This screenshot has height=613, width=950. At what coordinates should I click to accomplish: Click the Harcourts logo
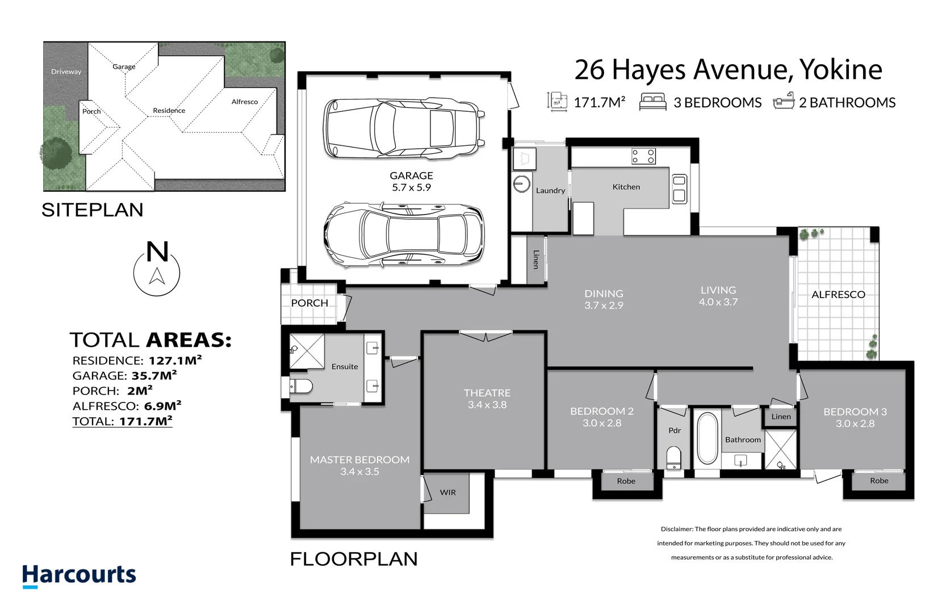79,575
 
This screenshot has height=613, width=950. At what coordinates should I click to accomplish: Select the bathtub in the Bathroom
707,438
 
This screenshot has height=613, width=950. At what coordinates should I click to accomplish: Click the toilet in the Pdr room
673,457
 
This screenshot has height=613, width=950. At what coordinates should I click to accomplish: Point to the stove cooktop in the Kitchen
643,156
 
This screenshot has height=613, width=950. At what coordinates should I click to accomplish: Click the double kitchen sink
679,189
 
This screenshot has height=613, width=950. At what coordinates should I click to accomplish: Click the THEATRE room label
487,393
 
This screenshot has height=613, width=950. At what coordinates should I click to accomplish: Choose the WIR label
447,492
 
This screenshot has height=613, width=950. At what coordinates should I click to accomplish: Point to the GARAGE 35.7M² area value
154,375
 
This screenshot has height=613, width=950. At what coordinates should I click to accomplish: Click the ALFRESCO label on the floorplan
838,295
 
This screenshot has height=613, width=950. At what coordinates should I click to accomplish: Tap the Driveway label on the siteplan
66,72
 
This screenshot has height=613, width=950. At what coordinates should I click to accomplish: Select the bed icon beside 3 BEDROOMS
652,102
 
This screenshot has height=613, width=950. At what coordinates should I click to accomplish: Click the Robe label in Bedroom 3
878,481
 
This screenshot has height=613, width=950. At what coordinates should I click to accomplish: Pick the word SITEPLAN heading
92,210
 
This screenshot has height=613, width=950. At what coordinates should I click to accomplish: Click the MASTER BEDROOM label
359,460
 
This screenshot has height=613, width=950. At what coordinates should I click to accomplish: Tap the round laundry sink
522,183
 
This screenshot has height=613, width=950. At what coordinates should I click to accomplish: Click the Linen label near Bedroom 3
781,417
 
